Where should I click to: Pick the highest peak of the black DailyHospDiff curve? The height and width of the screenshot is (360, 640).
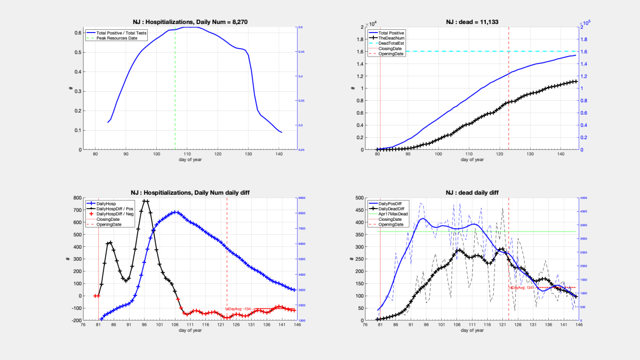(x=146, y=201)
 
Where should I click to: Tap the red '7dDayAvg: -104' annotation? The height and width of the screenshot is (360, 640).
(x=238, y=309)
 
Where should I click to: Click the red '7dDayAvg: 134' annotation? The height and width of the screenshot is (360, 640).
(x=522, y=287)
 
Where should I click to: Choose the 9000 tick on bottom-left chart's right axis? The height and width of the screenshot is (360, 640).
(x=301, y=198)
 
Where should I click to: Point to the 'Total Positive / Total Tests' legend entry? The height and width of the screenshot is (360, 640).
(x=129, y=33)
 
